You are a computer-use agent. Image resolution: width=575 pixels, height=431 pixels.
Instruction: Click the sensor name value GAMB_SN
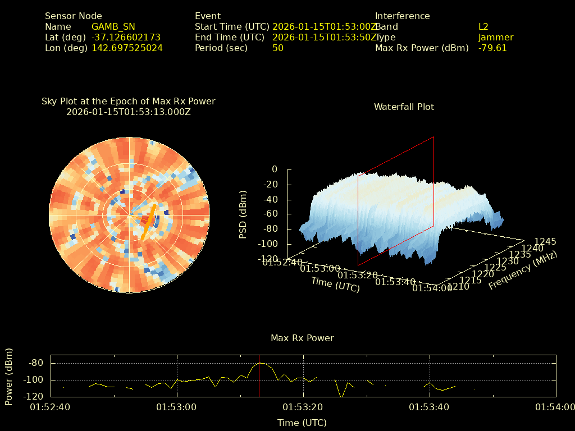pyautogui.click(x=113, y=27)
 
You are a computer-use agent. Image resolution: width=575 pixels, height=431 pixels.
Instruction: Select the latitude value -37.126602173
pyautogui.click(x=126, y=38)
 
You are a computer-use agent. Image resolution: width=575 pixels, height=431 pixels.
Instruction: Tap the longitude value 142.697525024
pyautogui.click(x=127, y=48)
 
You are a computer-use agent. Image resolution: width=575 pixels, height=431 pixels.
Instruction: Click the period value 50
pyautogui.click(x=277, y=48)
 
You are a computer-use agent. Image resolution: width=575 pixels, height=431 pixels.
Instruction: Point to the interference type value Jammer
pyautogui.click(x=495, y=38)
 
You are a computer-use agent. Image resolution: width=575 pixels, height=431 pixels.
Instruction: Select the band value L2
pyautogui.click(x=483, y=27)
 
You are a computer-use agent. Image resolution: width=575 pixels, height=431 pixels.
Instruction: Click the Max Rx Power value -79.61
pyautogui.click(x=492, y=48)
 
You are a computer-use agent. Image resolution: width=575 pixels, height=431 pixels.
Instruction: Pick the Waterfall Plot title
pyautogui.click(x=404, y=107)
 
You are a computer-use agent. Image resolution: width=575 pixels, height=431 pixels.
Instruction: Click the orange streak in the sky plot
pyautogui.click(x=148, y=222)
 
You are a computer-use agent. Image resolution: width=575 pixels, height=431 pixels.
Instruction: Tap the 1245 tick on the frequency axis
pyautogui.click(x=545, y=242)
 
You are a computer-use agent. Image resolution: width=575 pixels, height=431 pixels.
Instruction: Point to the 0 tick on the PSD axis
pyautogui.click(x=274, y=169)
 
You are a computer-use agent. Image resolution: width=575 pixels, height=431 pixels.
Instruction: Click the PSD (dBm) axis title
pyautogui.click(x=243, y=214)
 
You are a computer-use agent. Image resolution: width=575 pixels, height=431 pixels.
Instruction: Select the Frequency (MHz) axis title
pyautogui.click(x=523, y=271)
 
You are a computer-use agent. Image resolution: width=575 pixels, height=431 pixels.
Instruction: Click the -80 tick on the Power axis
pyautogui.click(x=36, y=363)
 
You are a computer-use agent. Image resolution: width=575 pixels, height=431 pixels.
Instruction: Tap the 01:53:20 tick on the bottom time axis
pyautogui.click(x=304, y=407)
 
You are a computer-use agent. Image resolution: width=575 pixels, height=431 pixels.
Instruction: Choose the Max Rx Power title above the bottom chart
pyautogui.click(x=302, y=338)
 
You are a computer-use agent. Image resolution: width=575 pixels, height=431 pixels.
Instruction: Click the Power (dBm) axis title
pyautogui.click(x=9, y=376)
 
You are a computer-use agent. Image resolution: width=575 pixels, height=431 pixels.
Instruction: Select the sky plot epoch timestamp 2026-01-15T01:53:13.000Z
pyautogui.click(x=129, y=112)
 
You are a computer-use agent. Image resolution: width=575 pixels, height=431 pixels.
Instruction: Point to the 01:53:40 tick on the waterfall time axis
pyautogui.click(x=395, y=282)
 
